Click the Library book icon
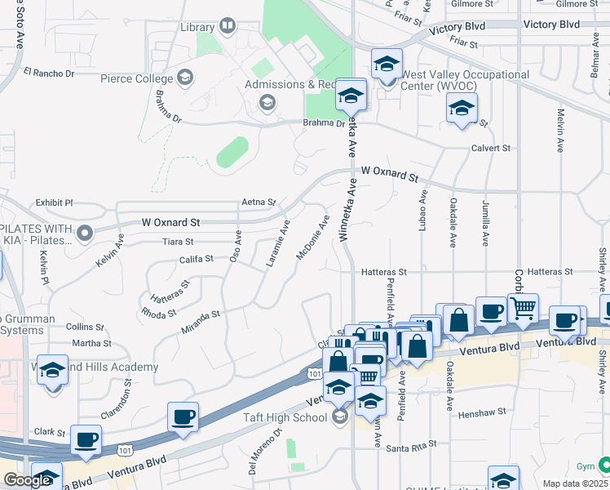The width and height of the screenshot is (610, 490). pyautogui.click(x=227, y=28)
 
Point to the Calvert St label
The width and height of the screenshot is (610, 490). pyautogui.click(x=490, y=149)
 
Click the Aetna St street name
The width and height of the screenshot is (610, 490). pyautogui.click(x=259, y=202)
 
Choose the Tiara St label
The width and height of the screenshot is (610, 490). pyautogui.click(x=178, y=242)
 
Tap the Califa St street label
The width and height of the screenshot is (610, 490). pyautogui.click(x=196, y=259)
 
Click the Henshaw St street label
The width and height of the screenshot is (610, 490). pyautogui.click(x=482, y=413)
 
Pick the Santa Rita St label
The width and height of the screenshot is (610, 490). pyautogui.click(x=412, y=447)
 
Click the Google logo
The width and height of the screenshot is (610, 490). pyautogui.click(x=27, y=480)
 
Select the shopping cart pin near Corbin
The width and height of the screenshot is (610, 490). pyautogui.click(x=523, y=308)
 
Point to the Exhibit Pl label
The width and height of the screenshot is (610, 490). pyautogui.click(x=54, y=203)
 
